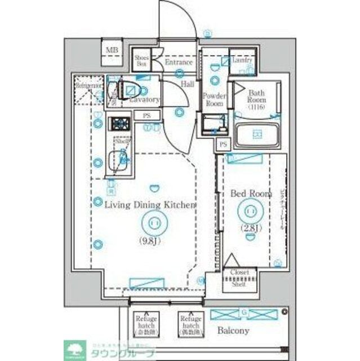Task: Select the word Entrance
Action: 179,62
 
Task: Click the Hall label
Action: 187,84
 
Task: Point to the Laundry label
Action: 241,60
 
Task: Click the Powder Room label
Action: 214,99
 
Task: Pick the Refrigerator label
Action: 90,86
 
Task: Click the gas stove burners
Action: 119,123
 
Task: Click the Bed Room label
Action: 251,193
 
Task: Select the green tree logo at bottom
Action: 74,349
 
